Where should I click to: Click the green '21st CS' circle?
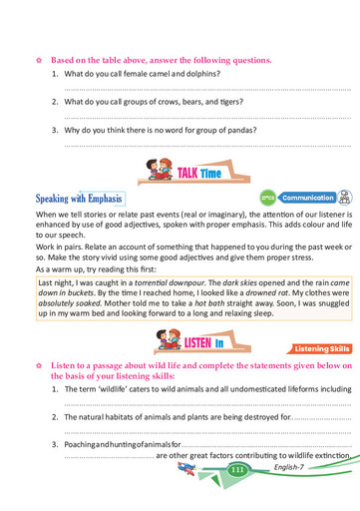[x=267, y=198]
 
